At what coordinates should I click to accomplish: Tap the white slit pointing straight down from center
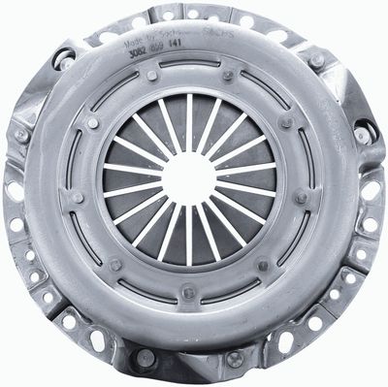[189, 238]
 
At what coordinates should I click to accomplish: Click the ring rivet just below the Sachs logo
[228, 76]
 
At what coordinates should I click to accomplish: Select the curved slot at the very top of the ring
[189, 63]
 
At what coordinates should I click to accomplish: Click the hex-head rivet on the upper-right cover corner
[315, 60]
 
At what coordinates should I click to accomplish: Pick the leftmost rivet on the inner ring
[77, 197]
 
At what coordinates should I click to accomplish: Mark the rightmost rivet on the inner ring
[303, 197]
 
